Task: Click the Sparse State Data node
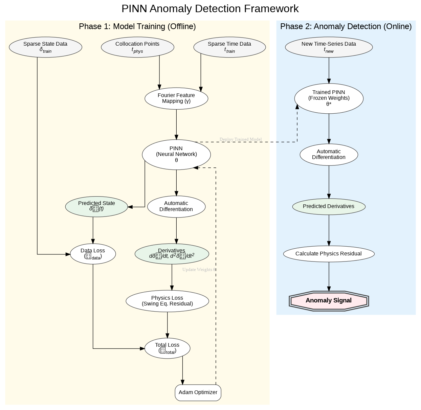tap(45, 47)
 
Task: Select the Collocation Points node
tap(137, 47)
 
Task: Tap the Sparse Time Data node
tap(229, 47)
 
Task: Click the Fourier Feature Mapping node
tap(176, 98)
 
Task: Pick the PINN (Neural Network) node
tap(176, 154)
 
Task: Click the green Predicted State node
tap(96, 206)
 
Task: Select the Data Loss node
tap(93, 254)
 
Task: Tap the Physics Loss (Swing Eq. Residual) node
tap(167, 301)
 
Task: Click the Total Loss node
tap(167, 348)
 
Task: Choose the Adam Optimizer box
tap(198, 392)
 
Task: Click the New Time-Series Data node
tap(329, 47)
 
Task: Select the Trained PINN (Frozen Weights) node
tap(329, 98)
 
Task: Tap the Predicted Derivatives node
tap(329, 206)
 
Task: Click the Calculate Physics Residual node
tap(329, 254)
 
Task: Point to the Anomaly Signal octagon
tap(329, 301)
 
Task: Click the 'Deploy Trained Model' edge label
tap(241, 139)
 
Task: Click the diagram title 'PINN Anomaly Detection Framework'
tap(210, 9)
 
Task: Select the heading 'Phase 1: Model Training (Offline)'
tap(137, 26)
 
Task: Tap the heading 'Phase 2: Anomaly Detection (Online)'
tap(346, 26)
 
